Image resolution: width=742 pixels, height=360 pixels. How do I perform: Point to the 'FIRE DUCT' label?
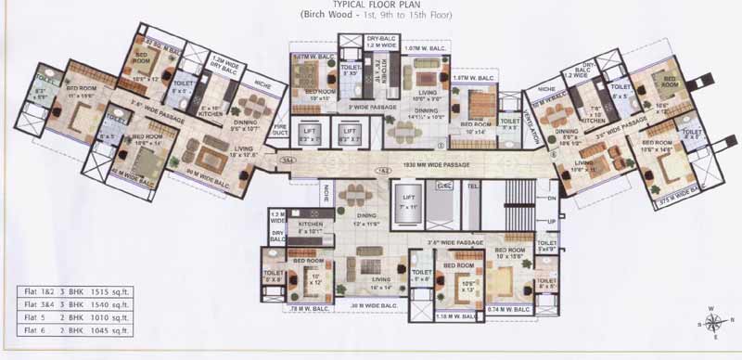point(280,138)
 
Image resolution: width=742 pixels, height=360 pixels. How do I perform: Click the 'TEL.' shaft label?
point(472,186)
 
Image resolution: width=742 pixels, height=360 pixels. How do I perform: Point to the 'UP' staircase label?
point(550,223)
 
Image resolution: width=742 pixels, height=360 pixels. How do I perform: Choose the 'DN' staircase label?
point(550,198)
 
